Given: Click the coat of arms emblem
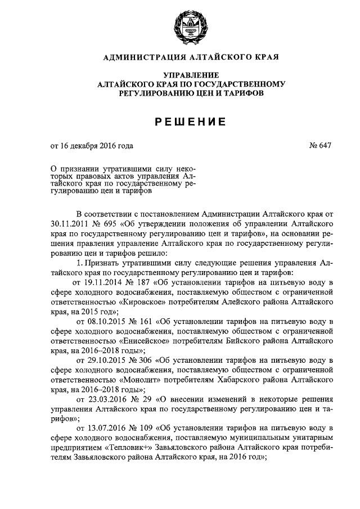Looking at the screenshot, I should click(x=179, y=25).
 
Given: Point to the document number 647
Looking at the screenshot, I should click(x=320, y=146).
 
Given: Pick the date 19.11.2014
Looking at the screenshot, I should click(x=104, y=281).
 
